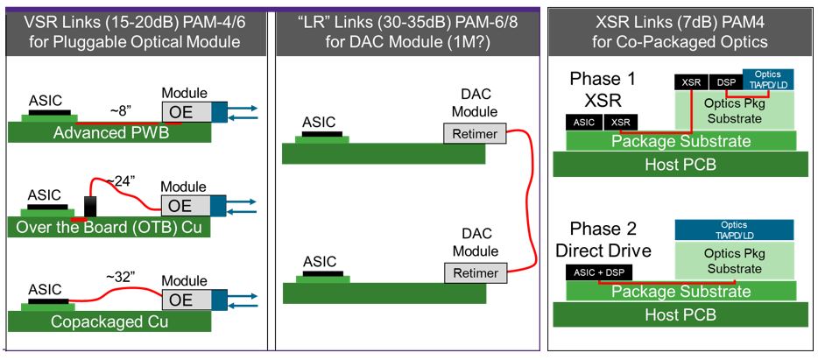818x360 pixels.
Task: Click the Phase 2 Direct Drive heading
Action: (x=603, y=240)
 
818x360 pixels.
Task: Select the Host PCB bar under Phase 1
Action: (x=680, y=164)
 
